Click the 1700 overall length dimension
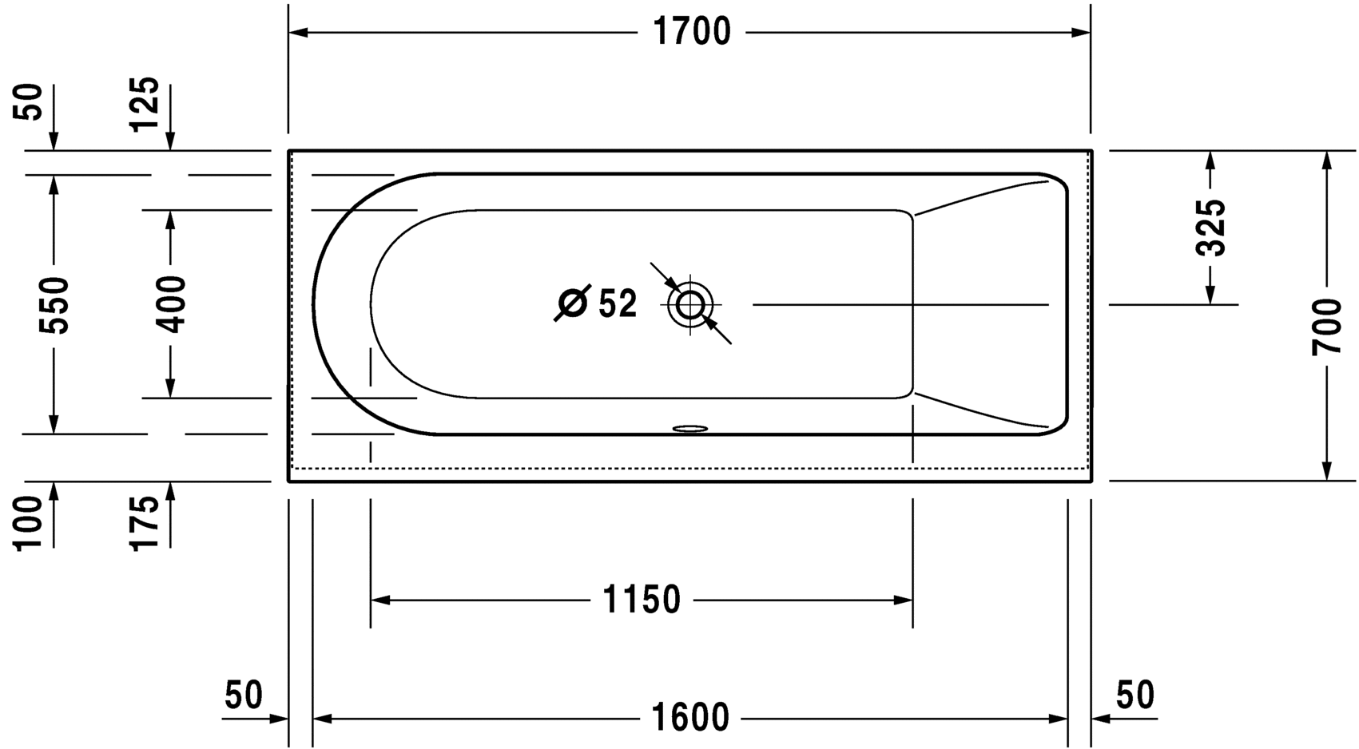[x=692, y=32]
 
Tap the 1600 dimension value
[x=689, y=718]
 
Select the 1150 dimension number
[x=642, y=600]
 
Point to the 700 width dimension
[x=1326, y=327]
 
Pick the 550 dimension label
[x=54, y=305]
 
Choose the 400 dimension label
[x=170, y=304]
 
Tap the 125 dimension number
[x=145, y=104]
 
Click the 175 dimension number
[x=145, y=523]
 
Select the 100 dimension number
[x=28, y=523]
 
